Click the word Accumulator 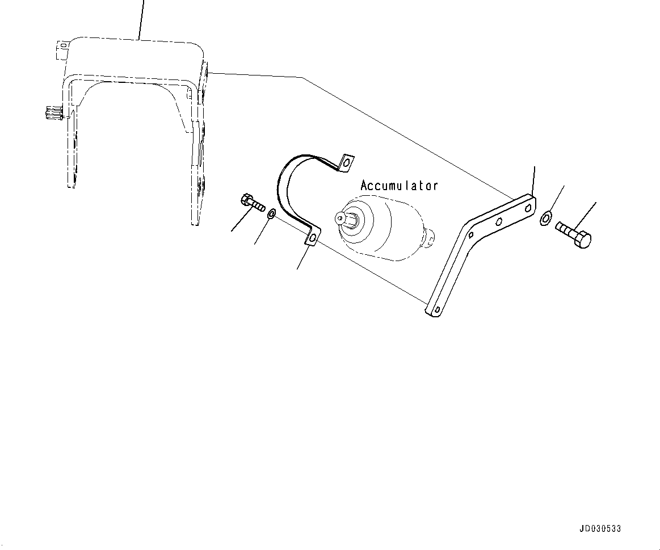(x=400, y=186)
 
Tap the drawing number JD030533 (x=600, y=529)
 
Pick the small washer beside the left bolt (x=272, y=214)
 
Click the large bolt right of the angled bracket (x=573, y=234)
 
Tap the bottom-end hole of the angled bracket (x=435, y=310)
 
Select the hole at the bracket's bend (x=470, y=234)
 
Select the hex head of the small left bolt (x=247, y=199)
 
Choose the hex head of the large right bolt (x=583, y=240)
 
